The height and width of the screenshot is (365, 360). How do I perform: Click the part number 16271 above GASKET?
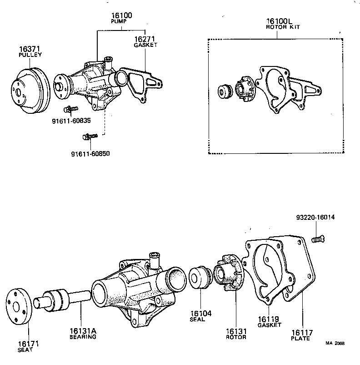(145, 40)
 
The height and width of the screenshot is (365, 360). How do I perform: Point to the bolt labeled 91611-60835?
(71, 109)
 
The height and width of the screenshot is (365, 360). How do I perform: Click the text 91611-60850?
(90, 153)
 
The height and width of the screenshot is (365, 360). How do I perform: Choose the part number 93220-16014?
(313, 218)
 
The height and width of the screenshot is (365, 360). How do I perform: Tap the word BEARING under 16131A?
(82, 337)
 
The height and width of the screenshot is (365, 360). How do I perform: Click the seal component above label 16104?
(200, 278)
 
